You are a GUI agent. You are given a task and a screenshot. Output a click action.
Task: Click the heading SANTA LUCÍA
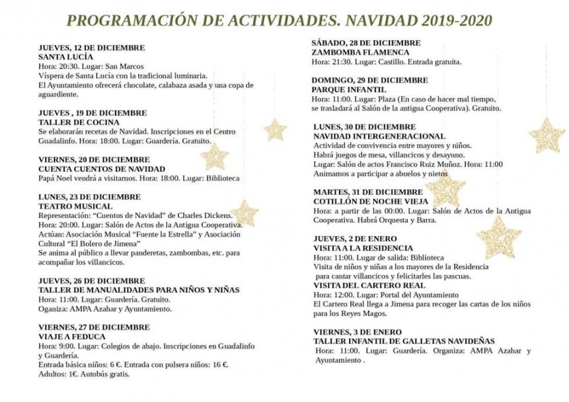pyautogui.click(x=65, y=57)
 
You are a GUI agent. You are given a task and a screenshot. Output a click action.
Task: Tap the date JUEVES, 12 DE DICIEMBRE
pyautogui.click(x=91, y=48)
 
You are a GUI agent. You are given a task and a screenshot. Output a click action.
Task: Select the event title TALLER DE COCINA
pyautogui.click(x=79, y=122)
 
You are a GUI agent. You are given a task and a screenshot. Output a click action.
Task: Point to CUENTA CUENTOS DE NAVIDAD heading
pyautogui.click(x=101, y=169)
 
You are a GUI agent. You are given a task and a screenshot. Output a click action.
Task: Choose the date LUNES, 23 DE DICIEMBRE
pyautogui.click(x=89, y=196)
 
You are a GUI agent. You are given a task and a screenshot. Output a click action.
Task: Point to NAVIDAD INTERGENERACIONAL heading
pyautogui.click(x=379, y=136)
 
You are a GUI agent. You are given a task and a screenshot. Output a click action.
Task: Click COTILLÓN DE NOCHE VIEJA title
pyautogui.click(x=371, y=201)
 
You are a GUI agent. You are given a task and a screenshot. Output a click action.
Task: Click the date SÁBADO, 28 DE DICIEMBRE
pyautogui.click(x=365, y=43)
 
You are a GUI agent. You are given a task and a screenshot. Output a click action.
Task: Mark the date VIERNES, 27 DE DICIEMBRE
pyautogui.click(x=94, y=327)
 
